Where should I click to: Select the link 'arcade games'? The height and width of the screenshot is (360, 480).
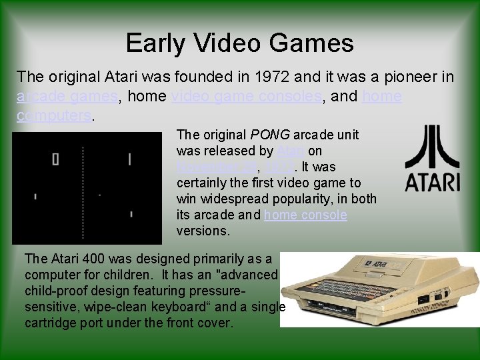(67, 96)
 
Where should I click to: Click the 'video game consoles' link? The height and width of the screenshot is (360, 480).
(246, 96)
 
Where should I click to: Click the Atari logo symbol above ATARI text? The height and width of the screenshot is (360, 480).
(432, 147)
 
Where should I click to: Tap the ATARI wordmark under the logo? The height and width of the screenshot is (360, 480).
(432, 181)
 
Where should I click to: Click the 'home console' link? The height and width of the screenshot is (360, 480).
(305, 215)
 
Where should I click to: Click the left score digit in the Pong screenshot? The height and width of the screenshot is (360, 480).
(55, 159)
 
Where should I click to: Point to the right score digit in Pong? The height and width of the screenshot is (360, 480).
(129, 159)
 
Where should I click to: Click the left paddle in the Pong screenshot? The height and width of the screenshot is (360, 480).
(35, 197)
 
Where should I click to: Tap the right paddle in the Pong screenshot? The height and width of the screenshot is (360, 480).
(131, 214)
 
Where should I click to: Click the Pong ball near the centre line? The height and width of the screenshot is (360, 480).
(99, 195)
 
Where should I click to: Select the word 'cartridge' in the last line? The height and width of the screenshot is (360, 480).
(52, 323)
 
